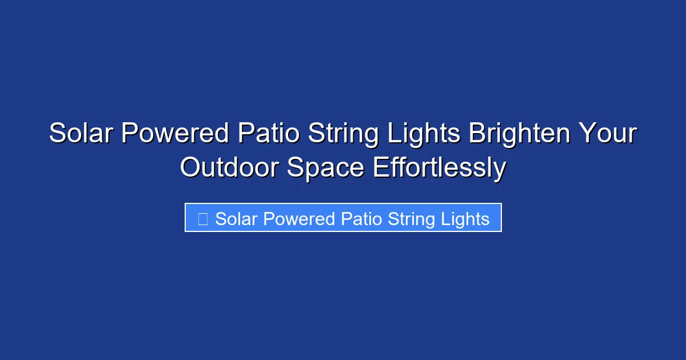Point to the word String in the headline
point(344,134)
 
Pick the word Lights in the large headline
point(423,134)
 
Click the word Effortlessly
point(439,168)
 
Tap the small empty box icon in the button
point(202,219)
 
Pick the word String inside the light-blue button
point(414,219)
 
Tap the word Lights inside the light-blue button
point(466,219)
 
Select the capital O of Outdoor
point(191,168)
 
